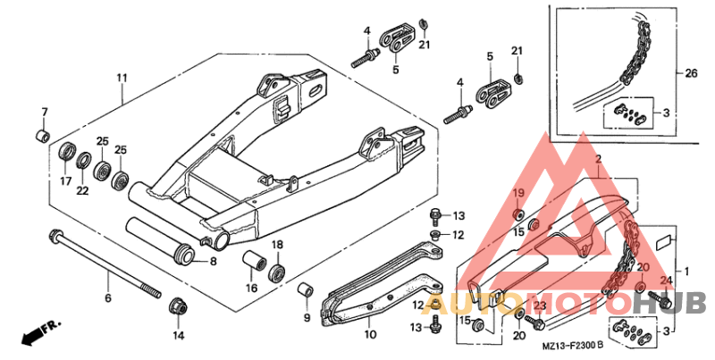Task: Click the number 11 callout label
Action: pyautogui.click(x=122, y=78)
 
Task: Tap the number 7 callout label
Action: pyautogui.click(x=44, y=112)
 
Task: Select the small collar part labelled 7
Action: pyautogui.click(x=43, y=136)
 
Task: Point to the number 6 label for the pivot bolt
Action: pyautogui.click(x=108, y=298)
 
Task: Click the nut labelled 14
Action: pyautogui.click(x=178, y=306)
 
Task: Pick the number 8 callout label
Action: pyautogui.click(x=213, y=262)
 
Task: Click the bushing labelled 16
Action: pyautogui.click(x=254, y=262)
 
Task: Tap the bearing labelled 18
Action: pyautogui.click(x=277, y=272)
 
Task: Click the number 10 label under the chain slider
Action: pyautogui.click(x=371, y=335)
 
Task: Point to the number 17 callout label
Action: pyautogui.click(x=65, y=181)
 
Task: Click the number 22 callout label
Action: pyautogui.click(x=82, y=191)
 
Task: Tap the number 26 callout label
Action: pyautogui.click(x=691, y=73)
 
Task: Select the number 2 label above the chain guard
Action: pyautogui.click(x=598, y=159)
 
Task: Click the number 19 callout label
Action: pyautogui.click(x=519, y=194)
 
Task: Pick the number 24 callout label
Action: pyautogui.click(x=666, y=280)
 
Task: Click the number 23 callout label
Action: pyautogui.click(x=540, y=306)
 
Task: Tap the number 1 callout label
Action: pyautogui.click(x=686, y=272)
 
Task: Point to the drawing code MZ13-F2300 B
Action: pyautogui.click(x=573, y=346)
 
